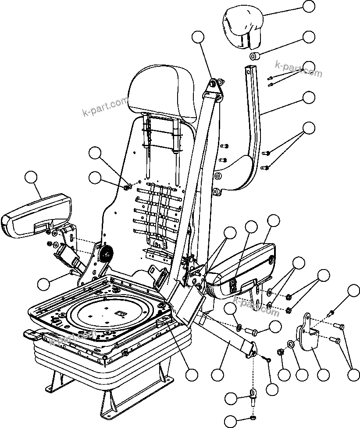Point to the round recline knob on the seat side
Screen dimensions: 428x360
[106, 254]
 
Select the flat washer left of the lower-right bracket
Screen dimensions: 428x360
[291, 343]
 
